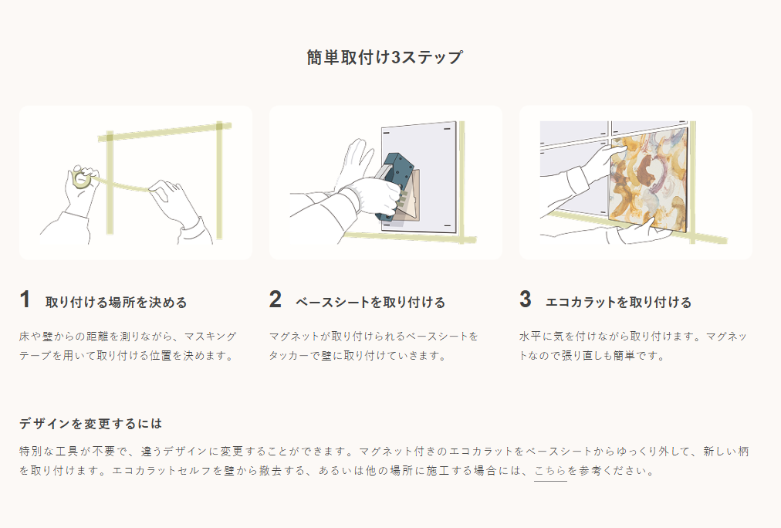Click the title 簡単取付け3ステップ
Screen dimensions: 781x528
coord(384,57)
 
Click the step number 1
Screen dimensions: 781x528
coord(25,300)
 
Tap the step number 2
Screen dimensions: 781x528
coord(276,300)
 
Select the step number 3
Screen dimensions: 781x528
coord(526,300)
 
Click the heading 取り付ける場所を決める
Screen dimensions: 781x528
coord(116,303)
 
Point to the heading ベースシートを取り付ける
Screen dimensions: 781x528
coord(370,303)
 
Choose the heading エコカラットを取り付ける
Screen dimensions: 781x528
coord(619,303)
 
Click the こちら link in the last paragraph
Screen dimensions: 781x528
coord(550,471)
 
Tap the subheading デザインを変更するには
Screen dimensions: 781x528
coord(90,424)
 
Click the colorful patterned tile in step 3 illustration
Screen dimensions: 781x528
coord(648,179)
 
